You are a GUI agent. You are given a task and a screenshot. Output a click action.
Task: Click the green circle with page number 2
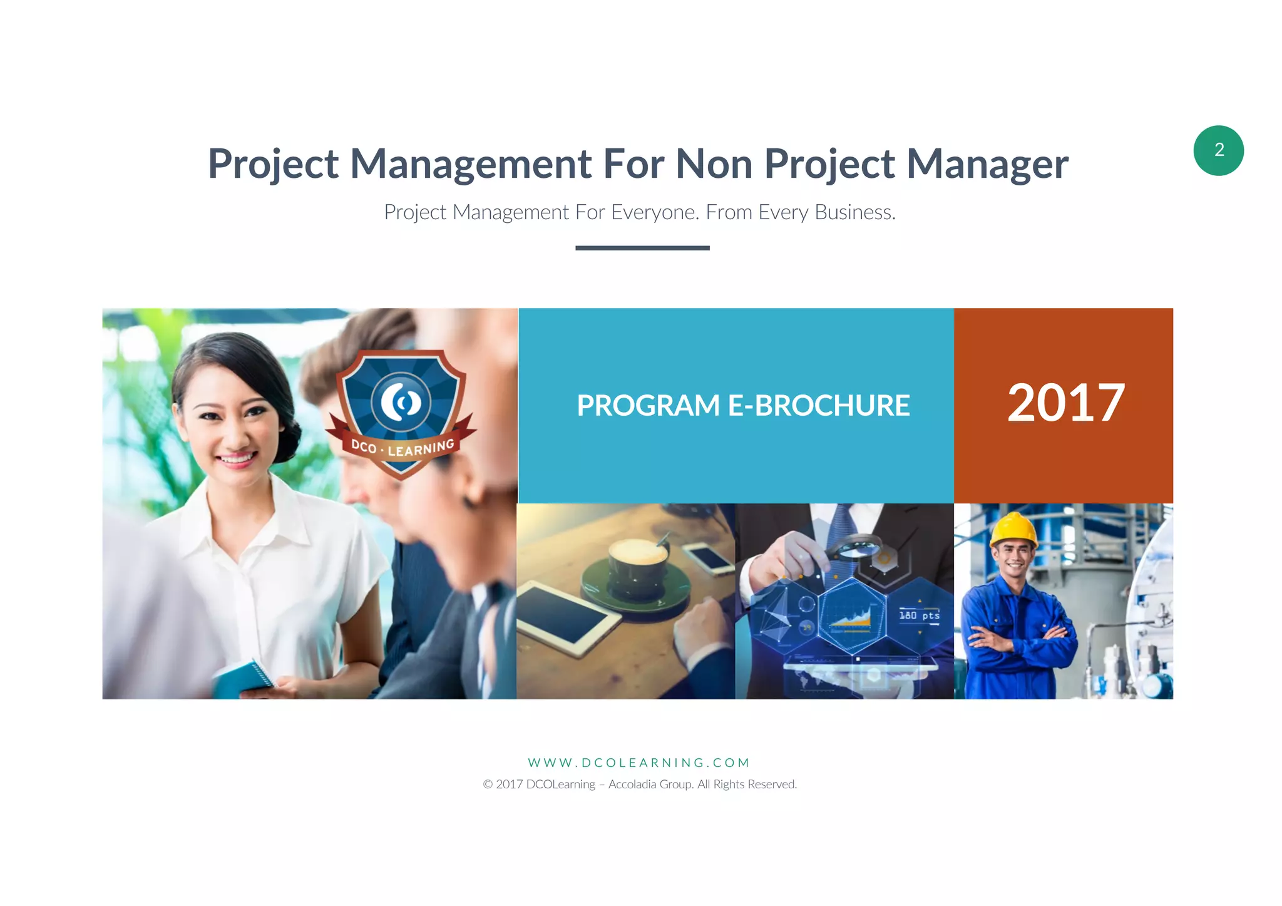(x=1218, y=150)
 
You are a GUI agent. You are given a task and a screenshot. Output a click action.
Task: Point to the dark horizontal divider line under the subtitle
(x=642, y=248)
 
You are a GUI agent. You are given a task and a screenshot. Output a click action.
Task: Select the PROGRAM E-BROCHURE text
(x=743, y=405)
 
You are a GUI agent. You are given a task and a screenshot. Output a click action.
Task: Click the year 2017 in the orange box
(x=1065, y=403)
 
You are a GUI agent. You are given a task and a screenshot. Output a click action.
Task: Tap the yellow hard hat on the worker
(x=1014, y=529)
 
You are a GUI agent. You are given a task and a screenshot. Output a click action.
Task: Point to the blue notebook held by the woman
(x=244, y=679)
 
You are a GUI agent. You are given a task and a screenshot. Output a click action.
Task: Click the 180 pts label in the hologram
(x=919, y=615)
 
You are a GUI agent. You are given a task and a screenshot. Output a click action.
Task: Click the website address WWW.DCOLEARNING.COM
(x=639, y=763)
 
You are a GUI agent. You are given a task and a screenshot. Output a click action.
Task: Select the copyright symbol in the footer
(x=488, y=785)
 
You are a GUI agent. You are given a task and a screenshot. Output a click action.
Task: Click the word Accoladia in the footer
(x=632, y=785)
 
